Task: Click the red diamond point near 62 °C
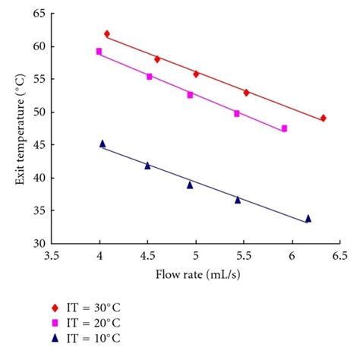(107, 33)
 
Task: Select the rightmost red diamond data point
(323, 118)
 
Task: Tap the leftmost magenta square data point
(99, 52)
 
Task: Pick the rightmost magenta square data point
(284, 128)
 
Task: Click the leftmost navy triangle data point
(103, 144)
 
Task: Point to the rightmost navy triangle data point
(308, 219)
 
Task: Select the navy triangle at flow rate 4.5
(147, 165)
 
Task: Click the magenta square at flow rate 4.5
(150, 76)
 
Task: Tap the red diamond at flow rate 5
(196, 74)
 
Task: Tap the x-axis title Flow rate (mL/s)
(195, 274)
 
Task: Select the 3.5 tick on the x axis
(52, 256)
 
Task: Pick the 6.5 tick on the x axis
(339, 256)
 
